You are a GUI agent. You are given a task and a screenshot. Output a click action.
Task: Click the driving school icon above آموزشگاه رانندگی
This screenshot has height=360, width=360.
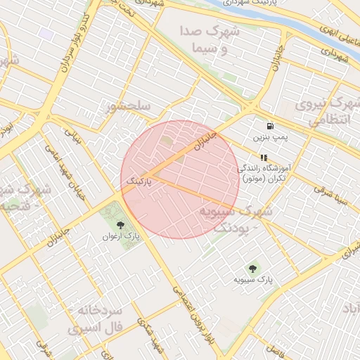point(263,158)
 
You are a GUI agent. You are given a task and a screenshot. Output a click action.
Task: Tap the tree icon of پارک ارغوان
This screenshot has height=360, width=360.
point(120,226)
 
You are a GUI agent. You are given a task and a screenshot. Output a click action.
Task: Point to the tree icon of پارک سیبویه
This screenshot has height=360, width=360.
point(252,268)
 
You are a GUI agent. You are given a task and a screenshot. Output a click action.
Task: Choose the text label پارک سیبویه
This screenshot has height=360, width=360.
point(252,280)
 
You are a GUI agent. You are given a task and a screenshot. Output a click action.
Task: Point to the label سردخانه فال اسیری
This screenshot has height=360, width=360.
point(95,319)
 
